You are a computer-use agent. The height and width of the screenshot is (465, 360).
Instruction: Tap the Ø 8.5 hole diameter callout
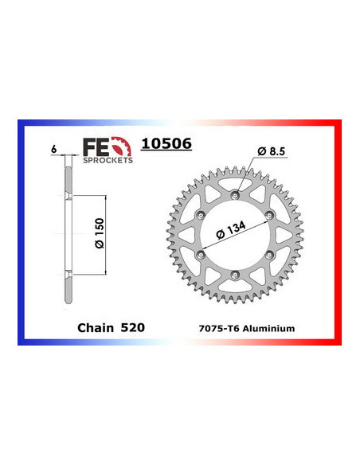point(271,150)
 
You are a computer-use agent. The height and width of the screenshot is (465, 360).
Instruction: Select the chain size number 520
point(132,326)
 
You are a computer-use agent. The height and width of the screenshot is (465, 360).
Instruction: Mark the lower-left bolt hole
point(199,254)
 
